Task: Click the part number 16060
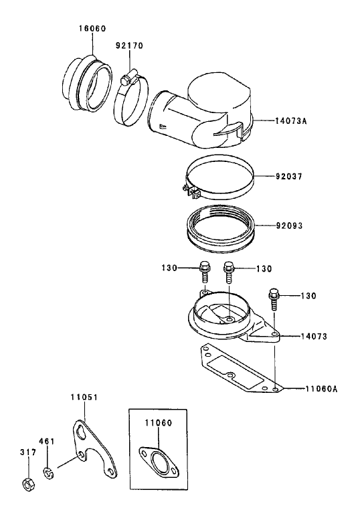[92, 29]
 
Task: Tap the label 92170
[129, 46]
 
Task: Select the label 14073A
[291, 121]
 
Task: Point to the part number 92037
[289, 177]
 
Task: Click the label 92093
[289, 226]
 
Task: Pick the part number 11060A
[321, 388]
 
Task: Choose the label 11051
[84, 397]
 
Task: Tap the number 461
[47, 441]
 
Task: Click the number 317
[28, 452]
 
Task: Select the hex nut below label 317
[28, 483]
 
